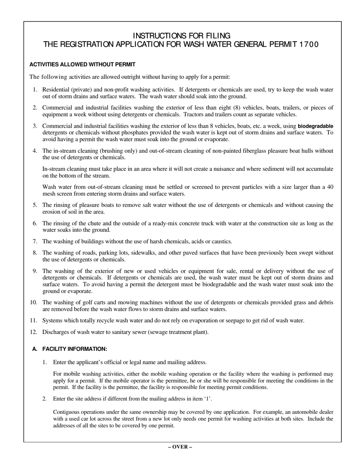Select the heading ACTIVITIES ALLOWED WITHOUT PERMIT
coord(82,65)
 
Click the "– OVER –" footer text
coord(180,447)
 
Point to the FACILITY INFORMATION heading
coord(75,349)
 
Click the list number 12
coord(33,332)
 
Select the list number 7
coord(35,242)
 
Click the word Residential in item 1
coord(56,90)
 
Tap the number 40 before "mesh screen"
coord(330,187)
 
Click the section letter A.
coord(35,349)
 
